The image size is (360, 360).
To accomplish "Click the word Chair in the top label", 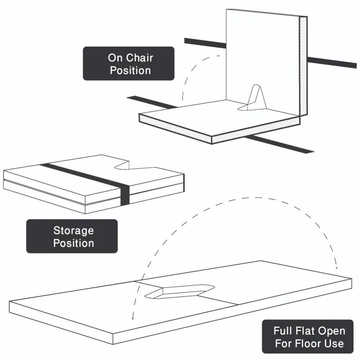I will tap(140, 58).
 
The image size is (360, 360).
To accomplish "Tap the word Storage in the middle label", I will tap(73, 230).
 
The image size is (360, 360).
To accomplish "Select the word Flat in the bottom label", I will tap(307, 331).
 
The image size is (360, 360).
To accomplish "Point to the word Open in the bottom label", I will tap(332, 331).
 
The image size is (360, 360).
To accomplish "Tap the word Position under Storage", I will tap(73, 243).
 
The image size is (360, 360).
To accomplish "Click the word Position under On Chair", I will tap(130, 70).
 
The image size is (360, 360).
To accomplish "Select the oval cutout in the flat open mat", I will tap(180, 291).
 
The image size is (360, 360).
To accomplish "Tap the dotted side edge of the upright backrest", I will tap(303, 65).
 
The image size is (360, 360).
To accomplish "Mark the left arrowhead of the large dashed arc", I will tap(133, 318).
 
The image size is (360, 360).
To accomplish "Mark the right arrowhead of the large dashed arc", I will tap(337, 267).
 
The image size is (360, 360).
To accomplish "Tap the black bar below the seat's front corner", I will tap(281, 144).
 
